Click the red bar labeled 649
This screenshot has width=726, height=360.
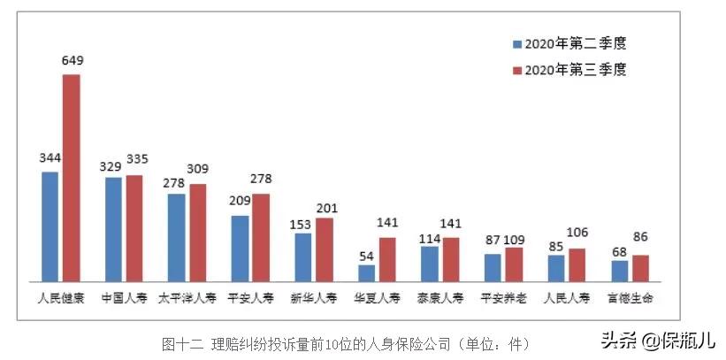coord(71,178)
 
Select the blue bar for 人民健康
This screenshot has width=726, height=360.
coord(50,226)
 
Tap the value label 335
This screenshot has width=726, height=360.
coord(137,159)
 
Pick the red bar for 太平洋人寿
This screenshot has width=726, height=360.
coord(197,233)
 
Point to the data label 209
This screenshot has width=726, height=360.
coord(240,200)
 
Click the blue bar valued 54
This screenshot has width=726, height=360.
coord(366,272)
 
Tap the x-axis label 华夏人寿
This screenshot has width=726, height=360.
coord(377,298)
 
